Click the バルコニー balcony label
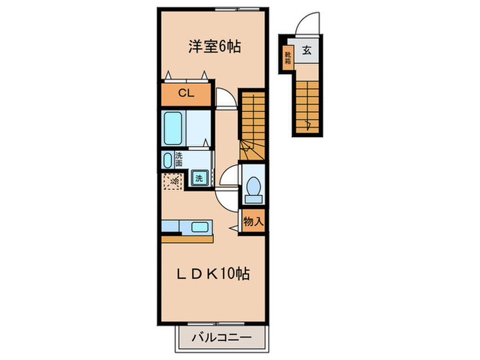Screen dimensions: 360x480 tap(221, 337)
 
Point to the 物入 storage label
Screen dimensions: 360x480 tap(252, 221)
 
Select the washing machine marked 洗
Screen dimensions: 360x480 tap(200, 178)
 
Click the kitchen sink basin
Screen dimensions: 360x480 tap(200, 227)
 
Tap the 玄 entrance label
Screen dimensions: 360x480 tap(307, 49)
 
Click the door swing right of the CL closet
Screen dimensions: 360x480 tap(225, 99)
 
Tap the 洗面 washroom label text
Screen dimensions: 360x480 tap(178, 160)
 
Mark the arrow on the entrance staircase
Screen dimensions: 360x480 tap(310, 124)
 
